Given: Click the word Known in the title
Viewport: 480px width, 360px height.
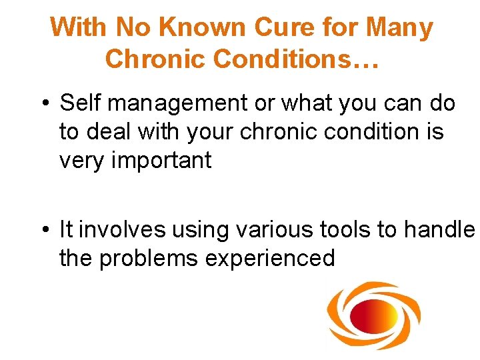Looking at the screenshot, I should [209, 28].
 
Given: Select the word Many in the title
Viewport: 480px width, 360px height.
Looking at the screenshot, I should [399, 28].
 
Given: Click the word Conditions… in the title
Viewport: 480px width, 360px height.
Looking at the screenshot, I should [296, 59].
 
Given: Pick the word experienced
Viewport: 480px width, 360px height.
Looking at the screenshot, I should [270, 258].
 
